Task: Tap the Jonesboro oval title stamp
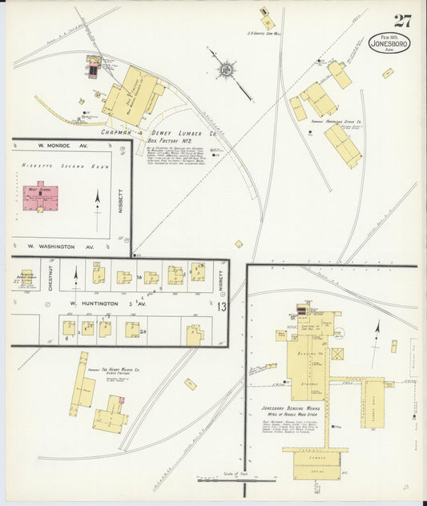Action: [x=389, y=43]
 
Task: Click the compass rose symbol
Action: [x=227, y=69]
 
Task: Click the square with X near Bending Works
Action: [x=338, y=353]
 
